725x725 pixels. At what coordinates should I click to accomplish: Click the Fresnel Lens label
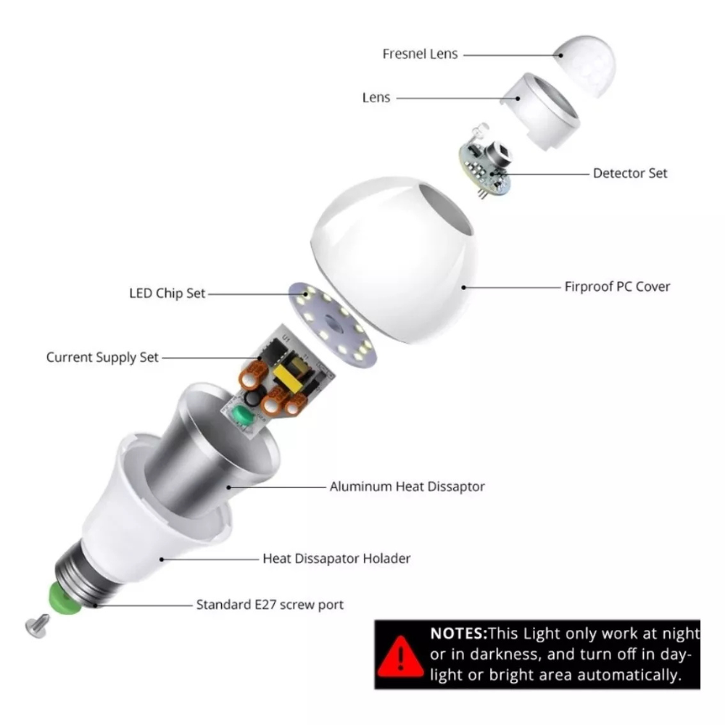point(420,54)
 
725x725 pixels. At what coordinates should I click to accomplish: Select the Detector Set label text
point(630,173)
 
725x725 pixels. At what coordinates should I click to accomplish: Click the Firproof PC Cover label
point(617,286)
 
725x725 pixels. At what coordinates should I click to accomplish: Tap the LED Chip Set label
point(167,294)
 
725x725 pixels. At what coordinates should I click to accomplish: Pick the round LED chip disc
point(333,324)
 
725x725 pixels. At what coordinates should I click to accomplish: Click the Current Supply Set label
point(102,357)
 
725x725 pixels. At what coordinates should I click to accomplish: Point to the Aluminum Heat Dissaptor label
point(407,486)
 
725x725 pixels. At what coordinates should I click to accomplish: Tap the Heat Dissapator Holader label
point(336,558)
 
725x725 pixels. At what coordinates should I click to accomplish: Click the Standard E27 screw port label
point(270,605)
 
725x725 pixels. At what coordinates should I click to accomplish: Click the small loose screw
point(37,625)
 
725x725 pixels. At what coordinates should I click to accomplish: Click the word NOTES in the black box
point(459,633)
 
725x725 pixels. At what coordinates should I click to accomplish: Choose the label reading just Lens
point(376,98)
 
